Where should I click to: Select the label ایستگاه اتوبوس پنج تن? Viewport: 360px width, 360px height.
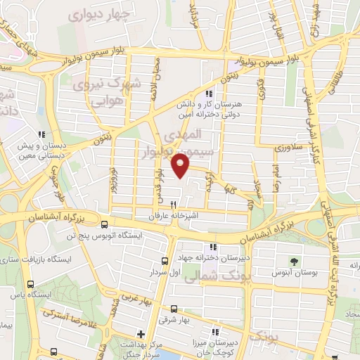click(104, 236)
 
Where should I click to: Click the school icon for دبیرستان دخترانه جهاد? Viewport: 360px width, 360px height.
click(214, 247)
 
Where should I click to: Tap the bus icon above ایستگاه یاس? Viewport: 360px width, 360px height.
click(31, 283)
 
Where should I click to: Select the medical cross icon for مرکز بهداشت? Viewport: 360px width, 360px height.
click(141, 333)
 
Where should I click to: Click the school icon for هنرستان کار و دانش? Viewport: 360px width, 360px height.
click(208, 94)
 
